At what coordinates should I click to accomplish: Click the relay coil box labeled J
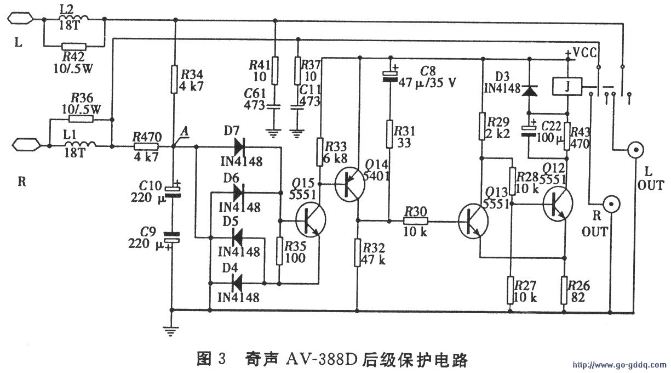pyautogui.click(x=566, y=86)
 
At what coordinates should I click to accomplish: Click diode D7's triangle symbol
pyautogui.click(x=239, y=146)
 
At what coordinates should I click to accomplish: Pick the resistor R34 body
pyautogui.click(x=174, y=78)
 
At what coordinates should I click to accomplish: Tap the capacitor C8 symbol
pyautogui.click(x=389, y=75)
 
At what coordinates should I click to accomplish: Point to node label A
pyautogui.click(x=185, y=132)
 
